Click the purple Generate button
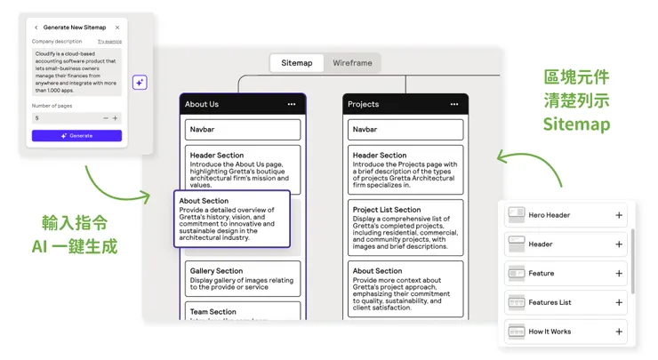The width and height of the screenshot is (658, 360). (x=76, y=136)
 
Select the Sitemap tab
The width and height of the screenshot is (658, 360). (x=297, y=63)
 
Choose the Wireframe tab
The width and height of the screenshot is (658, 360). (x=352, y=63)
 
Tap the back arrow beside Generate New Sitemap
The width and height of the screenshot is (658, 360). (x=36, y=28)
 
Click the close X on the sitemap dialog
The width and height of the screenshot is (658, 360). (x=117, y=28)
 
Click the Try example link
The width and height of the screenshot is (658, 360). (x=109, y=42)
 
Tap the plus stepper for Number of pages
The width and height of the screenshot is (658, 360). (x=115, y=117)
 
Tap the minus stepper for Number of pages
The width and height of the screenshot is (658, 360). (x=106, y=117)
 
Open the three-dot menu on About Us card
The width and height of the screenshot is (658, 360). (x=291, y=105)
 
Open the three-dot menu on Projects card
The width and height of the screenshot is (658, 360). (x=453, y=105)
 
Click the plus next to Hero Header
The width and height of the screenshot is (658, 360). (x=619, y=215)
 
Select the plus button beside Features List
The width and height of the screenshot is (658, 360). (x=619, y=303)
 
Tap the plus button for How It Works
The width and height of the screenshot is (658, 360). (x=619, y=332)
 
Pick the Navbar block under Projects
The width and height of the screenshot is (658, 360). (x=405, y=130)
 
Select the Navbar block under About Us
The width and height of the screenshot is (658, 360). (x=243, y=130)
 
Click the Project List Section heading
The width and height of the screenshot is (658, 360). (x=387, y=210)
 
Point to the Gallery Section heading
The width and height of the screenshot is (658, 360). (x=216, y=271)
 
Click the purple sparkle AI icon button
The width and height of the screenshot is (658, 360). (x=140, y=82)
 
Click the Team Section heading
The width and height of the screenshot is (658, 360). (x=213, y=312)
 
